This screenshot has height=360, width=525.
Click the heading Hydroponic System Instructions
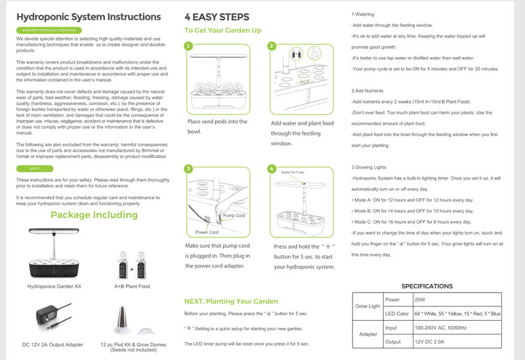[x=88, y=17]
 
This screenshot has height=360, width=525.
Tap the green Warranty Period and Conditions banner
[x=44, y=31]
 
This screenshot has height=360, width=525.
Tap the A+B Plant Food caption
[x=132, y=287]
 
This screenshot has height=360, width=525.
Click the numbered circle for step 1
[x=188, y=47]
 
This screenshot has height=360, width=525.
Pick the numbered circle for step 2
[x=272, y=46]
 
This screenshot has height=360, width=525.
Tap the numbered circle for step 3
[x=188, y=169]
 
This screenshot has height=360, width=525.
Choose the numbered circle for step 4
[x=272, y=169]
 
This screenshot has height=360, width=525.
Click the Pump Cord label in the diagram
[x=234, y=216]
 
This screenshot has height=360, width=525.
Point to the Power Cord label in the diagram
[x=207, y=232]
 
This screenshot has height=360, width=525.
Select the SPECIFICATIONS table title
[x=427, y=286]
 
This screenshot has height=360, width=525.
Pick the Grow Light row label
[x=367, y=306]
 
